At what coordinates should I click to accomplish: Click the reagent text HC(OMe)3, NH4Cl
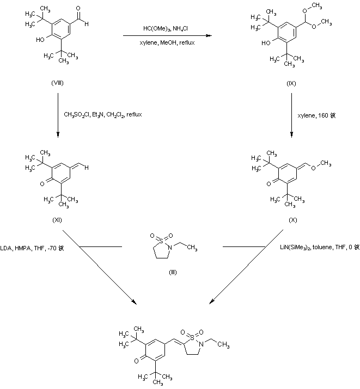167,29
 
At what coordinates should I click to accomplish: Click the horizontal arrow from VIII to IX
167,35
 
